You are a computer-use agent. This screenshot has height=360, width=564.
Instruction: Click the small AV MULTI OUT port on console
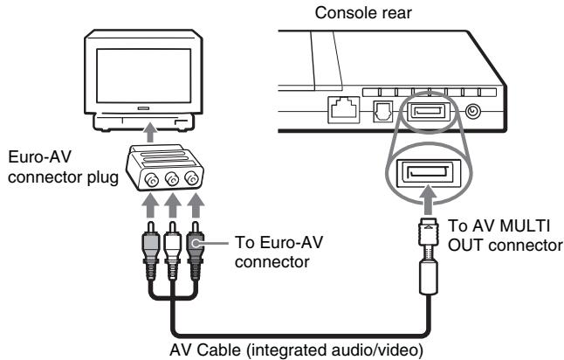(427, 111)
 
